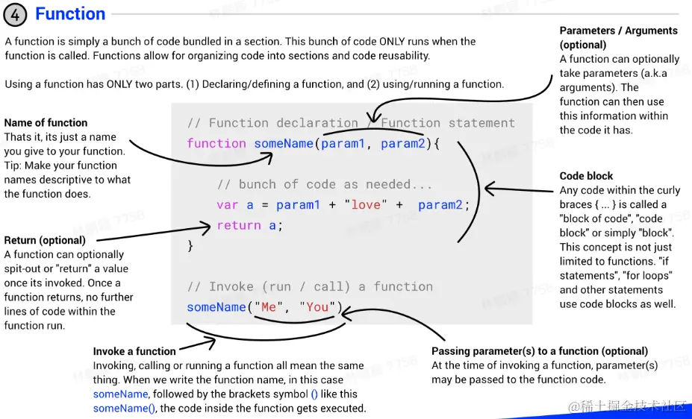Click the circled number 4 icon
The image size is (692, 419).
point(16,15)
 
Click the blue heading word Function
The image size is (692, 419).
point(70,14)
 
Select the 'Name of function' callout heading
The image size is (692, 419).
point(46,123)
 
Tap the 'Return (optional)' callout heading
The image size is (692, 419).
point(45,241)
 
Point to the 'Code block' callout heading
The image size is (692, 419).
point(586,176)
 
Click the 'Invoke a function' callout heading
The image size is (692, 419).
point(134,352)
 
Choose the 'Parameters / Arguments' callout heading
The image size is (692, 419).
point(618,31)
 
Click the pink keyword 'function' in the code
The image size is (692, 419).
point(216,144)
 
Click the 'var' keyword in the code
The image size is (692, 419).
point(228,205)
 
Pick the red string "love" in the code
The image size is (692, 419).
point(366,205)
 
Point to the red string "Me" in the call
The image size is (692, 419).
point(269,307)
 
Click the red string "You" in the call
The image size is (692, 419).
point(317,307)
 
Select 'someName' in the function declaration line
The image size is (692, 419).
point(284,144)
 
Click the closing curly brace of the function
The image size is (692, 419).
point(190,245)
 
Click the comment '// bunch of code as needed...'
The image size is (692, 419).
point(325,185)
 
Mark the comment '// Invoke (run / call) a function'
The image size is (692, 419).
point(310,287)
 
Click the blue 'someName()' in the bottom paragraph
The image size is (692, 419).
point(125,409)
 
